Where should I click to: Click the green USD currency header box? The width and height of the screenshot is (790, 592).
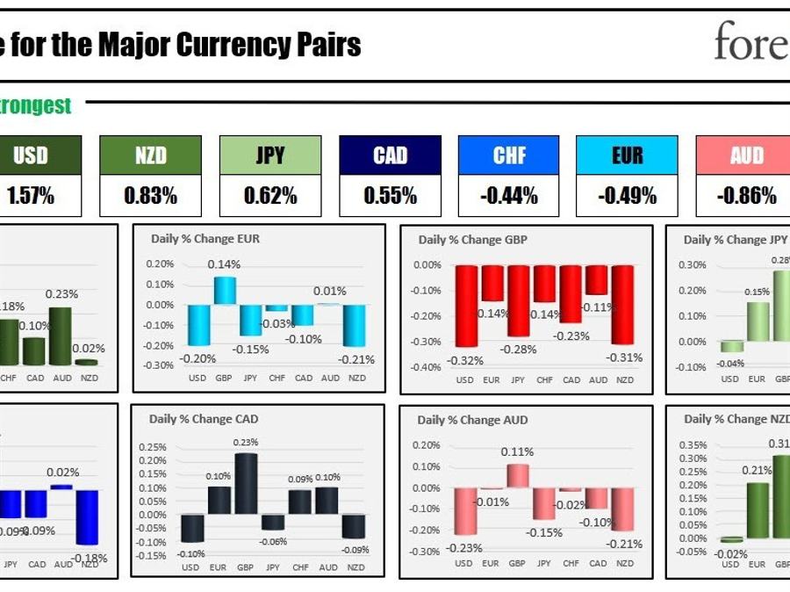pyautogui.click(x=31, y=155)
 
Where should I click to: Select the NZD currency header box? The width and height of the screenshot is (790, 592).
pyautogui.click(x=150, y=155)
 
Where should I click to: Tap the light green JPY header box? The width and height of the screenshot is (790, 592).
pyautogui.click(x=269, y=155)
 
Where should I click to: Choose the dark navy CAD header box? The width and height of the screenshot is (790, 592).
pyautogui.click(x=390, y=155)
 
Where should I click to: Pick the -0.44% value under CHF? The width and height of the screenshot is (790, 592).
pyautogui.click(x=509, y=196)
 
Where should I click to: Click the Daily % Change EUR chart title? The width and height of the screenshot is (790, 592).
pyautogui.click(x=205, y=238)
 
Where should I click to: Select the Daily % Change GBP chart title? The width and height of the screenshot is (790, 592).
pyautogui.click(x=473, y=239)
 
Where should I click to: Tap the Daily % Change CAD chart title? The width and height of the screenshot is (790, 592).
pyautogui.click(x=204, y=419)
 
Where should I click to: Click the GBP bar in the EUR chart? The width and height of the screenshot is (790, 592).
pyautogui.click(x=225, y=291)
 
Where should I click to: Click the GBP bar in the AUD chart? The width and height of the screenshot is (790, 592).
pyautogui.click(x=517, y=476)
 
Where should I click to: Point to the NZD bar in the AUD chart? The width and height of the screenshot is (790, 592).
pyautogui.click(x=624, y=509)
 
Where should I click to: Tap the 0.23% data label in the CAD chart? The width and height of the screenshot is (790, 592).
pyautogui.click(x=247, y=443)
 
